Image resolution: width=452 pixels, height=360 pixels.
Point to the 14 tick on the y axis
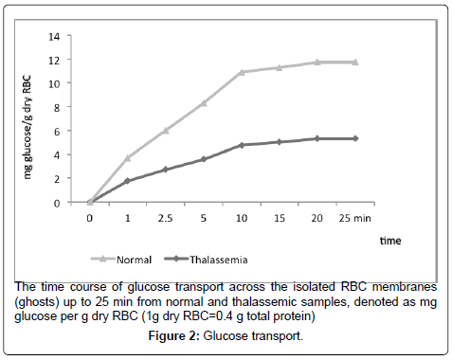tap(67, 36)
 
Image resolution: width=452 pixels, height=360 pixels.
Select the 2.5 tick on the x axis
tap(166, 217)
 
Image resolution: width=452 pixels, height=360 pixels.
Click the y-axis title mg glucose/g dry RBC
tap(42, 117)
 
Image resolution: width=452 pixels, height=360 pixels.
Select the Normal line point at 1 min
tap(128, 157)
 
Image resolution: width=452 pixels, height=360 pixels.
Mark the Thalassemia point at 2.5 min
tap(165, 170)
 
